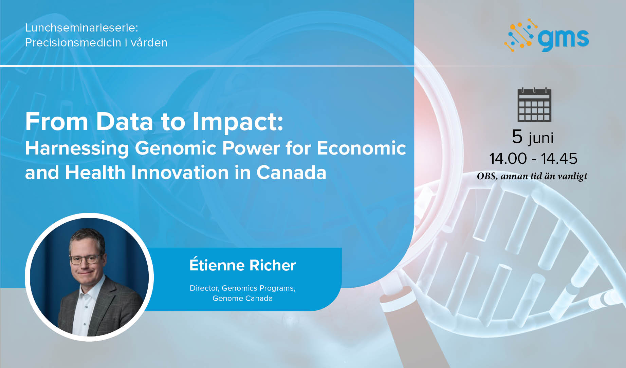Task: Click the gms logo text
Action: (x=564, y=39)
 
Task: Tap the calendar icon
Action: (x=534, y=105)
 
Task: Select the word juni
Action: (x=541, y=138)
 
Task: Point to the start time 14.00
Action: (x=508, y=158)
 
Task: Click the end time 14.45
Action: (x=559, y=158)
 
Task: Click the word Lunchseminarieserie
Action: (x=81, y=27)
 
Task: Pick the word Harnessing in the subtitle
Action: (x=77, y=149)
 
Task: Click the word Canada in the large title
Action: (x=291, y=172)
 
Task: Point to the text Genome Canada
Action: (x=243, y=298)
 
